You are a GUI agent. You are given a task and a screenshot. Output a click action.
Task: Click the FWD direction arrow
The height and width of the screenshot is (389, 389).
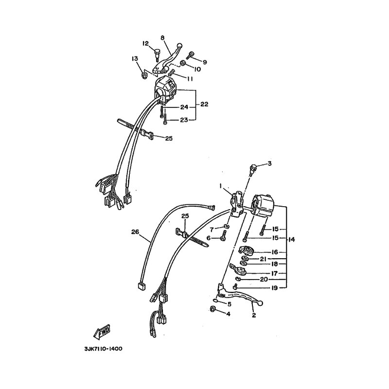102,332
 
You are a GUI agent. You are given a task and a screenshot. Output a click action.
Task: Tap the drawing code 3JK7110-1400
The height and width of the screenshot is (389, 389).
103,349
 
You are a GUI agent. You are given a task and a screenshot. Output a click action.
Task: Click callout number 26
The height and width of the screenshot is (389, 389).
136,232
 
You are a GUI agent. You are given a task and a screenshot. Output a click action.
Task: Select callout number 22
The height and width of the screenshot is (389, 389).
204,104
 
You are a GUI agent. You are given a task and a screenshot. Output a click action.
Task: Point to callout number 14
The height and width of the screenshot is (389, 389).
292,240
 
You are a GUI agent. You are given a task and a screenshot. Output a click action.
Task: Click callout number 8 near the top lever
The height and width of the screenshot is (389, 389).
162,38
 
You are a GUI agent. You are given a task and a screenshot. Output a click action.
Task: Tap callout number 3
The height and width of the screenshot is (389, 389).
269,163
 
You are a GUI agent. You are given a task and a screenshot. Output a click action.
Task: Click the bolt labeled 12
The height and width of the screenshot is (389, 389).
157,55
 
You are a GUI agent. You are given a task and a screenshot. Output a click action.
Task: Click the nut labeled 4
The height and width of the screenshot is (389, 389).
212,309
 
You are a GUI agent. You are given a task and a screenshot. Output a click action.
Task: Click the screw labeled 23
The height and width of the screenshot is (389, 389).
165,121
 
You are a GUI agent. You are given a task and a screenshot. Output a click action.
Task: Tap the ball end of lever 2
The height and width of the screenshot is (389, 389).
260,303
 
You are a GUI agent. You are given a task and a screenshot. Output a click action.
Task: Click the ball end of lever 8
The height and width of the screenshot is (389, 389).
179,45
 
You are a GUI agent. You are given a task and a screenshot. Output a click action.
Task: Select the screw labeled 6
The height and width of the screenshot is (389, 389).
224,235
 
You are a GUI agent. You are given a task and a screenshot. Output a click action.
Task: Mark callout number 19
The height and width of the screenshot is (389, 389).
274,288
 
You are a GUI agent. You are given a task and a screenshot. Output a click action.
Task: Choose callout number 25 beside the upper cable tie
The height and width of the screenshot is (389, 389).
169,139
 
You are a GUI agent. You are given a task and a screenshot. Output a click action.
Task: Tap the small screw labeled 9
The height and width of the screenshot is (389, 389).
190,55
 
